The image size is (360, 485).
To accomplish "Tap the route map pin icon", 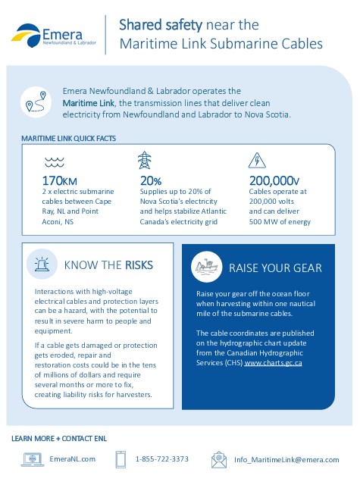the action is [x=36, y=102].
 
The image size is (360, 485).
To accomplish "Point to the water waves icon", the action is [x=54, y=161].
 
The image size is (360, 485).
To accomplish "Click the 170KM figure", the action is [x=60, y=181].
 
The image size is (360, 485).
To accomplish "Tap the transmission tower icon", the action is [x=145, y=161].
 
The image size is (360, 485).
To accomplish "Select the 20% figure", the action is [x=151, y=181].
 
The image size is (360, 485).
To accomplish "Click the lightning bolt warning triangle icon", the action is [x=257, y=161].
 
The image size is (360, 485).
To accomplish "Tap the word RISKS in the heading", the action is [x=139, y=265].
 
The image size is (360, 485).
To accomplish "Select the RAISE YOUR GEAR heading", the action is [x=275, y=268].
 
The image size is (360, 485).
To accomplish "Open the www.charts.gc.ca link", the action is [x=274, y=363].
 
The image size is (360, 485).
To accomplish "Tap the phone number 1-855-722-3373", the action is [x=162, y=459].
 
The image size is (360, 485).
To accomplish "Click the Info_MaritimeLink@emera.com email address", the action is [x=286, y=459].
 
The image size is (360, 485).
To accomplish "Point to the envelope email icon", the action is [x=219, y=458].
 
